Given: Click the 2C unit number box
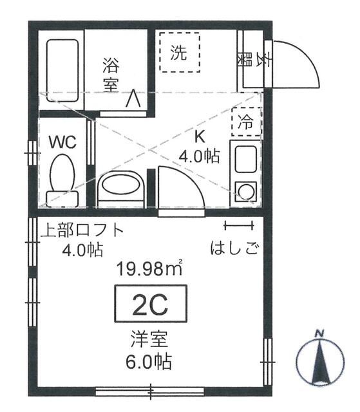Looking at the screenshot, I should pos(150,304).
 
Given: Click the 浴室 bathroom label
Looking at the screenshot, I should pos(111,74).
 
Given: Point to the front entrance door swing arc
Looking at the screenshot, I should pos(296,64).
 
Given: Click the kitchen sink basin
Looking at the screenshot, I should pos(245,159).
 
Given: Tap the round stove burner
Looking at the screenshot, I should pos(245,191).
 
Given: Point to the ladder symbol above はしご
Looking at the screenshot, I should pos(239,225).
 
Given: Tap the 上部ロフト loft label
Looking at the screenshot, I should pos(81,230).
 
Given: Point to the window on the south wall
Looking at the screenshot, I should pos(150,390).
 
